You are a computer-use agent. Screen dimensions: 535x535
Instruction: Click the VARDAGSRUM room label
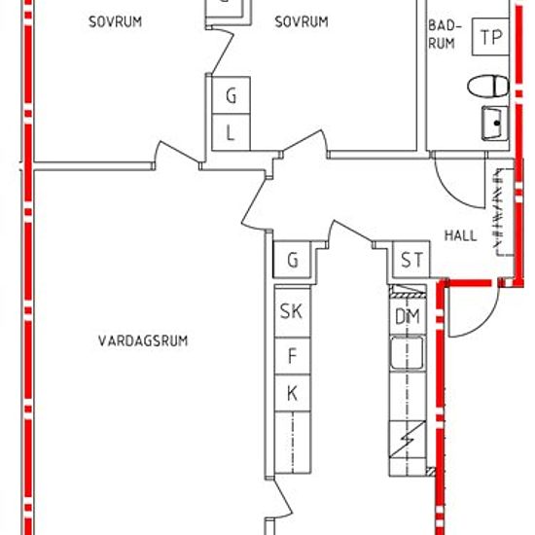pyautogui.click(x=143, y=340)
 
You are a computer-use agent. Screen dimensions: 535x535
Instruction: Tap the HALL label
pyautogui.click(x=460, y=235)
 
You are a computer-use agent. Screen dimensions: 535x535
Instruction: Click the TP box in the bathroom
pyautogui.click(x=490, y=37)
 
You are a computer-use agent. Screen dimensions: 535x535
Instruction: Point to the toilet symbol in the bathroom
pyautogui.click(x=488, y=87)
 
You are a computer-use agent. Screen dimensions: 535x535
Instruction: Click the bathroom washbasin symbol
pyautogui.click(x=495, y=124)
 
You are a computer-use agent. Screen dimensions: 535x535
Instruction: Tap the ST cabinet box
pyautogui.click(x=411, y=260)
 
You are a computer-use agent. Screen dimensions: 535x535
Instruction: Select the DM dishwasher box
pyautogui.click(x=408, y=317)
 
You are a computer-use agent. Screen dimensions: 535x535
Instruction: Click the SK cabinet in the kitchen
pyautogui.click(x=292, y=311)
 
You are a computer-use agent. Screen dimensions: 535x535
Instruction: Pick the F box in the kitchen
pyautogui.click(x=292, y=356)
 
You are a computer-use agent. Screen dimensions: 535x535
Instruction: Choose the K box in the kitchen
pyautogui.click(x=292, y=393)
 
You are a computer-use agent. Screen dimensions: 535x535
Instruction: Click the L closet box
pyautogui.click(x=231, y=132)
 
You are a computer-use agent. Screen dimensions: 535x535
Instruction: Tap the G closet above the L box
pyautogui.click(x=231, y=95)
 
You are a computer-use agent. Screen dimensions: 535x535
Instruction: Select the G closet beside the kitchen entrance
pyautogui.click(x=292, y=260)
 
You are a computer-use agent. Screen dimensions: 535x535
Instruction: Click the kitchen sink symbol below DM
pyautogui.click(x=407, y=353)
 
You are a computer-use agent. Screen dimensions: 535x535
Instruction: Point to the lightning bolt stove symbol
pyautogui.click(x=407, y=439)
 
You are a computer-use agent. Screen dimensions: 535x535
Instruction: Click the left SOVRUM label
pyautogui.click(x=116, y=21)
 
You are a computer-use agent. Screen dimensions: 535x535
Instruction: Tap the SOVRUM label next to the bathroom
pyautogui.click(x=302, y=21)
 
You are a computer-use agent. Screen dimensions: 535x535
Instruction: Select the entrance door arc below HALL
pyautogui.click(x=487, y=323)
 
